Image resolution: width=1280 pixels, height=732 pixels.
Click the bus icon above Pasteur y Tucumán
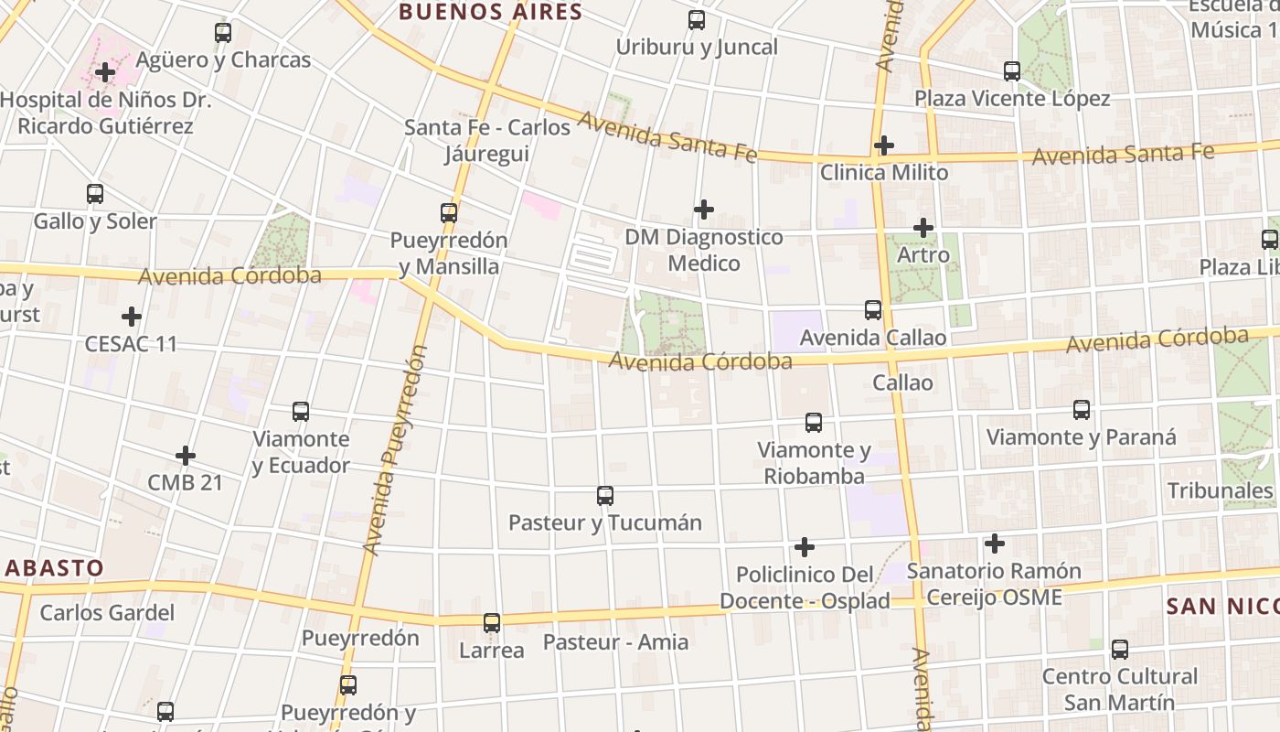[x=605, y=496]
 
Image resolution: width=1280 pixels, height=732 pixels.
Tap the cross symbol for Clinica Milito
[x=883, y=145]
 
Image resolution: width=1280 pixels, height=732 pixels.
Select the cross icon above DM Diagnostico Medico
[x=703, y=210]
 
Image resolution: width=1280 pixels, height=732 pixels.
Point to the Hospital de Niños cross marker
[x=105, y=71]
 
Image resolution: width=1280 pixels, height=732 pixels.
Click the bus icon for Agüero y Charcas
[x=223, y=33]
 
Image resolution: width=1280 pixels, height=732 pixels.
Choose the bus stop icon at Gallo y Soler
[x=95, y=194]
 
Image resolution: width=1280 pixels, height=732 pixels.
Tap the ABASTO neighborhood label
[x=53, y=567]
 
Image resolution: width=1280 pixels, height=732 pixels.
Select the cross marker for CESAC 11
[x=132, y=317]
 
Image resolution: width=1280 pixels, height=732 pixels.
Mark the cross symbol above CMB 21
[x=186, y=455]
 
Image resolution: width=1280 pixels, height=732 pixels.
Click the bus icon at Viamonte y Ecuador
[x=301, y=412]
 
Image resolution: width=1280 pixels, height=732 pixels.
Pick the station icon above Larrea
[x=492, y=623]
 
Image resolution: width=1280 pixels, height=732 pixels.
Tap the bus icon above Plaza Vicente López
[x=1012, y=71]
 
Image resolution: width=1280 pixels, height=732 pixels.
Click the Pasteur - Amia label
[x=615, y=641]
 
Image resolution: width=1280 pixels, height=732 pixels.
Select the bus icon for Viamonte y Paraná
[x=1082, y=410]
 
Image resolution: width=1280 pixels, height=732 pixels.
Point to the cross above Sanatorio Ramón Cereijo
[x=995, y=544]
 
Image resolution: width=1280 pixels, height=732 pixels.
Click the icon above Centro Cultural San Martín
[x=1120, y=650]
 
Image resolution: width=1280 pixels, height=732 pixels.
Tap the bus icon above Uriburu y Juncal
[x=697, y=20]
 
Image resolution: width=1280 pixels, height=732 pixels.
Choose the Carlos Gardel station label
[x=107, y=612]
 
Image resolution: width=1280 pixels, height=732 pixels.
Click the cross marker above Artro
[x=923, y=227]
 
